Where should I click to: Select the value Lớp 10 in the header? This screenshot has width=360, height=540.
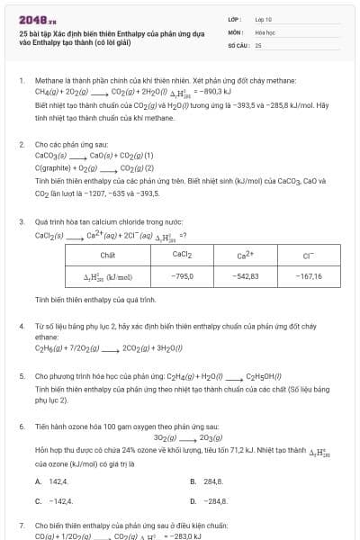point(263,18)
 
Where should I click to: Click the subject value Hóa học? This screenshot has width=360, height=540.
point(265,31)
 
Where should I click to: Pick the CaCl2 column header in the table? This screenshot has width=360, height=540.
point(183,255)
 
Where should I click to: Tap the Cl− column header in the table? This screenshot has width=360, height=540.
point(308,255)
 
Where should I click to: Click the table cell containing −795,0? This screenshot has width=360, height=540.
point(183,276)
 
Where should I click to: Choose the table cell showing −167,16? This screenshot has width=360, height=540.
point(308,276)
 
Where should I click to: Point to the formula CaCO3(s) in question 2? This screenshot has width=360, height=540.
point(51,155)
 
